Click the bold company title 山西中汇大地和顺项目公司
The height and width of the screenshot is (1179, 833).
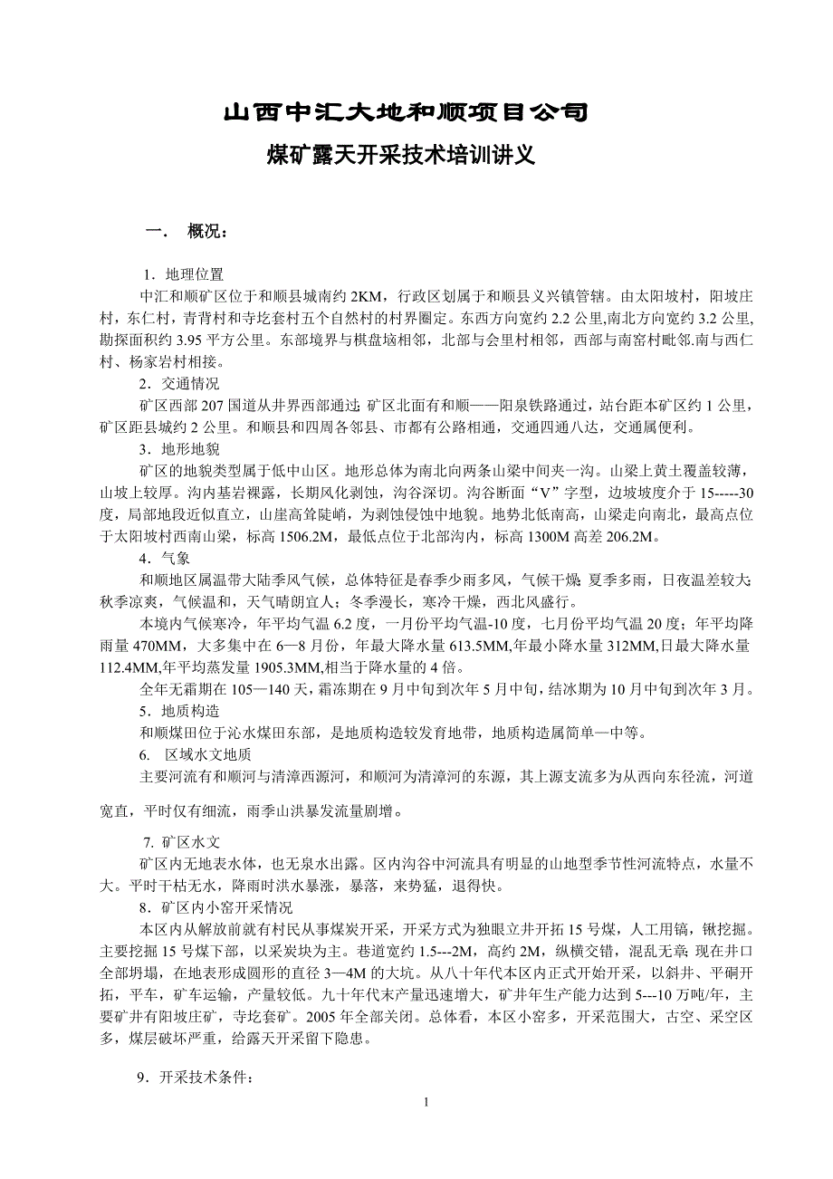[406, 113]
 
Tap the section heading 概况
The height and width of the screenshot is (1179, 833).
[207, 231]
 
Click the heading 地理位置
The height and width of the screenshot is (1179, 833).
[195, 274]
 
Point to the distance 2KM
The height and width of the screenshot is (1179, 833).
[367, 295]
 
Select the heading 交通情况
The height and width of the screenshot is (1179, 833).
[195, 384]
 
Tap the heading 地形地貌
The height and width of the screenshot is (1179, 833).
[195, 449]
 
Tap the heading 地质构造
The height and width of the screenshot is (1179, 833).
[195, 712]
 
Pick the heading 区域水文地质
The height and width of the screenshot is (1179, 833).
[207, 755]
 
